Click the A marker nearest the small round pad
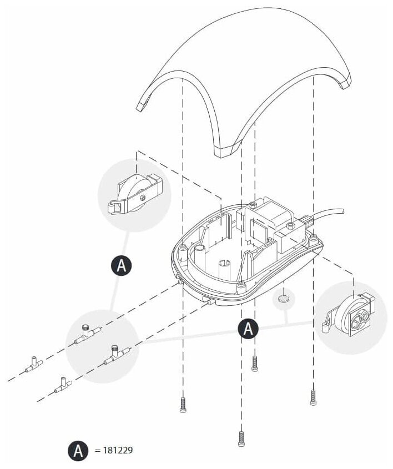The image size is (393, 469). (248, 329)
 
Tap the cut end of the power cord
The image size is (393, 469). (342, 210)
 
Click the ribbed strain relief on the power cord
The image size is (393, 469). (306, 221)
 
